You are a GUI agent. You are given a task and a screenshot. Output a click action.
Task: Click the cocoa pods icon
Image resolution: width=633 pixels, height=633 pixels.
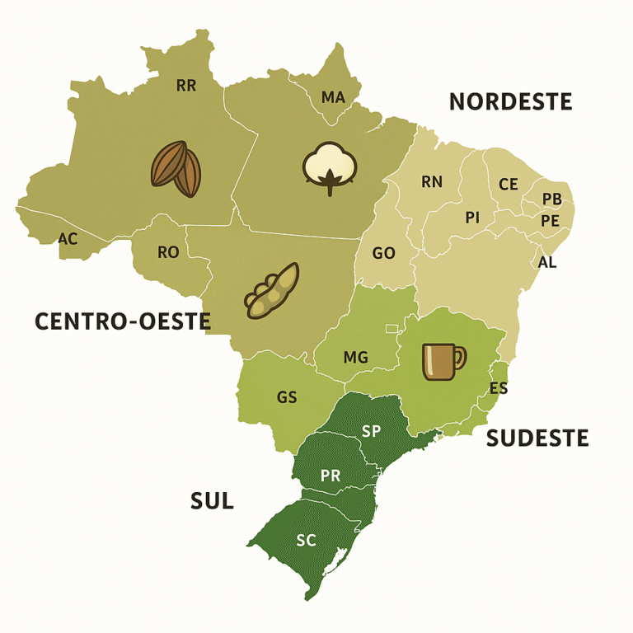tap(176, 169)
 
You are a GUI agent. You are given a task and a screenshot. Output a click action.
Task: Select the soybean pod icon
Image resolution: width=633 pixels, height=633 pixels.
tap(271, 292)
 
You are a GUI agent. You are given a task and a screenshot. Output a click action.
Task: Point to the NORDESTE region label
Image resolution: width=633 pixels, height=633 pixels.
tap(510, 102)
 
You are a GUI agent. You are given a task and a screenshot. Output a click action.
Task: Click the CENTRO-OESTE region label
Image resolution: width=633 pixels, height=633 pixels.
tap(123, 321)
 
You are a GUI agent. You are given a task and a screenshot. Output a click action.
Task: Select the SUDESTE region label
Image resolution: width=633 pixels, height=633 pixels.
tap(537, 438)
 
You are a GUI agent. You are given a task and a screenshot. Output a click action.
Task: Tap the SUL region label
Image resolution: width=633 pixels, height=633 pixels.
tap(212, 500)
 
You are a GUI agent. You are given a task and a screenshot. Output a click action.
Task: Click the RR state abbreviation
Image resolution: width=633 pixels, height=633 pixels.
tap(186, 85)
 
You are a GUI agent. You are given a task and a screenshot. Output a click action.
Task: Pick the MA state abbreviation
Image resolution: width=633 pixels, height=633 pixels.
tap(333, 98)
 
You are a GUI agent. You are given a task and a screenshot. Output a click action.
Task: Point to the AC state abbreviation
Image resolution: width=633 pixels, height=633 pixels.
tap(68, 238)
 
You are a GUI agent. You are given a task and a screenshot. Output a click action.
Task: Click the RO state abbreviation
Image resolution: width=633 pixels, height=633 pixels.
tap(167, 252)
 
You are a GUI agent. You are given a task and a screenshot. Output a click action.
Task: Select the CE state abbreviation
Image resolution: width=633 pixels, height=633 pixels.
tap(509, 184)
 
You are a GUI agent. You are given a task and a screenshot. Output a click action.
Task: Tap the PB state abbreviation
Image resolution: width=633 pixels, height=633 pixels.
tap(551, 199)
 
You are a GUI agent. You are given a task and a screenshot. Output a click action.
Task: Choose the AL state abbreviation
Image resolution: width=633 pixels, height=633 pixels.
tap(546, 262)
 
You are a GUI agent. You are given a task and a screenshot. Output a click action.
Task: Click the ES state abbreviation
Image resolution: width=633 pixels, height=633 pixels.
tap(498, 388)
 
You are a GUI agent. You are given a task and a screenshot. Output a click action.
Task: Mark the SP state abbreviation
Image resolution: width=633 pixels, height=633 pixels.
tap(371, 431)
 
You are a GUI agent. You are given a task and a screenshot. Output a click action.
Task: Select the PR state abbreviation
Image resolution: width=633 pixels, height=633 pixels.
tap(331, 476)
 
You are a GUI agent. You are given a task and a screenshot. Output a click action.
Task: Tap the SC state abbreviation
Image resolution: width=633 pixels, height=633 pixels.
tap(306, 541)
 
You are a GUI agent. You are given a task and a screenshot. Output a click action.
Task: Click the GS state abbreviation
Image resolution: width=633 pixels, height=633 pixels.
tap(287, 397)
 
